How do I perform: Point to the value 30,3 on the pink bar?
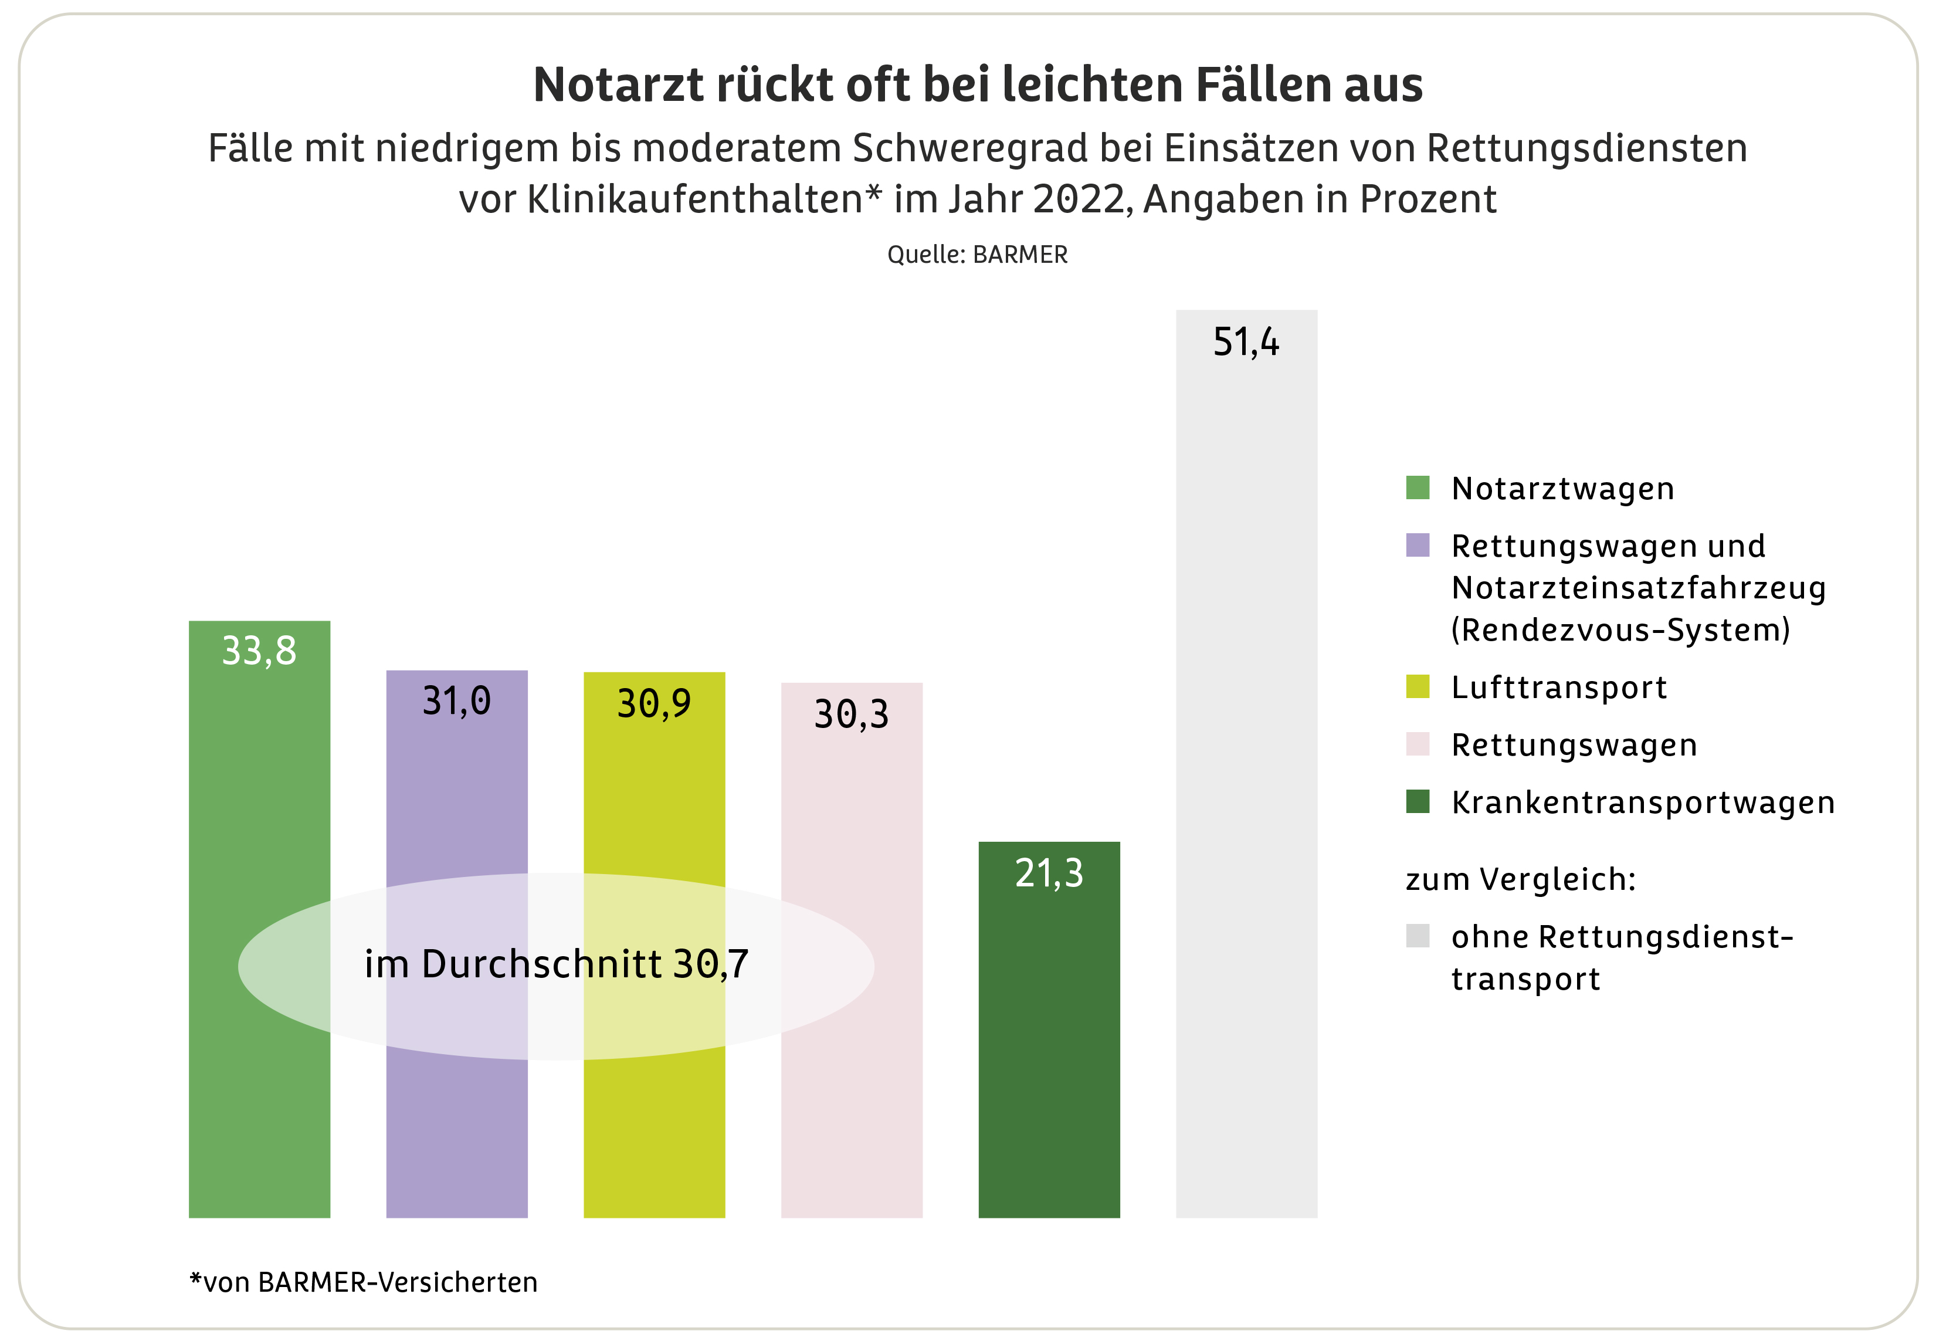click(x=851, y=714)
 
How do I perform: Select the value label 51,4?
click(x=1246, y=342)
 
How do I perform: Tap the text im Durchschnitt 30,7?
click(x=556, y=964)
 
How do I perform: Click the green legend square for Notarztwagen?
click(x=1417, y=487)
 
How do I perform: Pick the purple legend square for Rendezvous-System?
click(x=1417, y=546)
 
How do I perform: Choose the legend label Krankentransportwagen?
click(x=1642, y=802)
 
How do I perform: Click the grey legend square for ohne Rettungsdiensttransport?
click(x=1417, y=935)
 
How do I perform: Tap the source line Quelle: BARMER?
click(x=977, y=255)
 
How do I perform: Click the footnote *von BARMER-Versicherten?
click(x=363, y=1282)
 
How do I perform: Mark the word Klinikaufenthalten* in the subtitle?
click(x=704, y=199)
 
